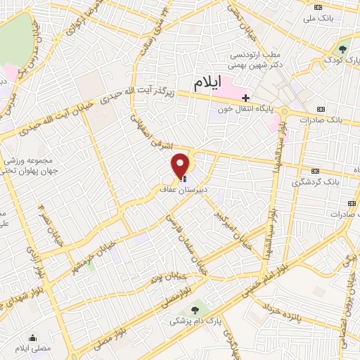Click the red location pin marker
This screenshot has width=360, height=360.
[181, 165]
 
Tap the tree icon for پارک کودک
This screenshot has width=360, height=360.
[342, 49]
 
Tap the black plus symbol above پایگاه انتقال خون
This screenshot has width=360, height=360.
[245, 97]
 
